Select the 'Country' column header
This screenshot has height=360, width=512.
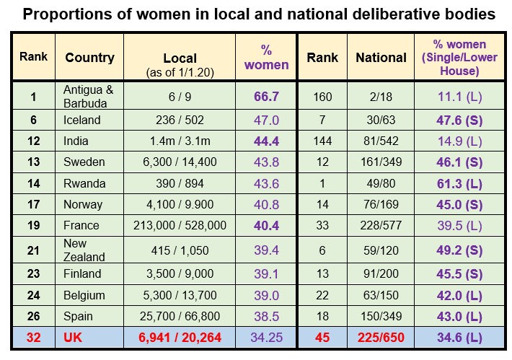89,57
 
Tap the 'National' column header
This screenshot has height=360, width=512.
381,57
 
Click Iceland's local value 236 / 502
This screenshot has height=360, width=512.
180,120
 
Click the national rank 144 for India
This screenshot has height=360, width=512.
322,141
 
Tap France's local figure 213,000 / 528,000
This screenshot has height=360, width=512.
180,226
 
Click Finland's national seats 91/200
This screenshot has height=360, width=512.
381,274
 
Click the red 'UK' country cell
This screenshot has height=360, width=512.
74,338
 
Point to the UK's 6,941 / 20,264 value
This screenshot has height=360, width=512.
180,338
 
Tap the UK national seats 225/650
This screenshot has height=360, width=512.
381,338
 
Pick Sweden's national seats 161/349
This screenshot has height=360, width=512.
381,162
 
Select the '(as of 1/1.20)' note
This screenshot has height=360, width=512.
180,71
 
